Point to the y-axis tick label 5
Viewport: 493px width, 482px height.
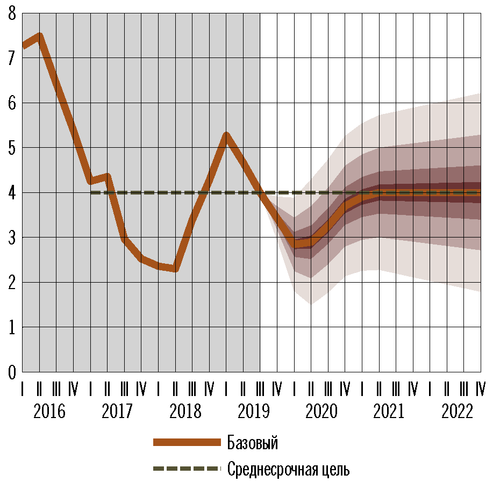tap(12, 147)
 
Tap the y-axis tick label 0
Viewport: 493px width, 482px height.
tap(12, 371)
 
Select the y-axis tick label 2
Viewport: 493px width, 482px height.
tap(12, 282)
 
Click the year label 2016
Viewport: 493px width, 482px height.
tap(49, 412)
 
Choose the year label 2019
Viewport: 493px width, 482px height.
tap(253, 412)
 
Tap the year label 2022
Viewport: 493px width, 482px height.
tap(457, 412)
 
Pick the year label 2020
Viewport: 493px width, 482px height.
tap(321, 412)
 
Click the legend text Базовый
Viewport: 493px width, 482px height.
tap(253, 443)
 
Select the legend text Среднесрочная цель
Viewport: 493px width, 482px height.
tap(288, 469)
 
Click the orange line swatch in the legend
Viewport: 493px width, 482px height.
tap(187, 442)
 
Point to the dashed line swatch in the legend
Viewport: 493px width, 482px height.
tap(187, 469)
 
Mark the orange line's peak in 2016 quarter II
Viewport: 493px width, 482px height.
tap(39, 37)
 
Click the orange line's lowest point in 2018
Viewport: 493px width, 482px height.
tap(175, 268)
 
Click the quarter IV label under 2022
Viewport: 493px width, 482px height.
tap(481, 388)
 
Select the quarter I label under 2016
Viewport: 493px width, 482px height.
tap(22, 388)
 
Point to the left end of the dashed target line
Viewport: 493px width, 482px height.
tap(91, 192)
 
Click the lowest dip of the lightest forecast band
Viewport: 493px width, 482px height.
tap(311, 304)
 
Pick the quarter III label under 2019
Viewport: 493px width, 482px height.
tap(260, 388)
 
